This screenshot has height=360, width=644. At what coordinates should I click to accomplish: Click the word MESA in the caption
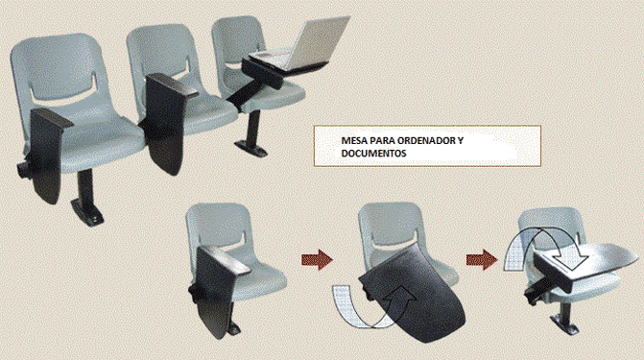click(354, 140)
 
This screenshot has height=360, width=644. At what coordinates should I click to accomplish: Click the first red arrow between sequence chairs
click(317, 260)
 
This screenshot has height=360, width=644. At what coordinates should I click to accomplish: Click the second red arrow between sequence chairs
click(482, 260)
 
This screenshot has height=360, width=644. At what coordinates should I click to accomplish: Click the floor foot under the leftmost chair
click(87, 213)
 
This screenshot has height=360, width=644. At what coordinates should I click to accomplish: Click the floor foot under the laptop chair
click(250, 148)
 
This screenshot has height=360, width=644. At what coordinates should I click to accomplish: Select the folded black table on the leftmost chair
click(47, 156)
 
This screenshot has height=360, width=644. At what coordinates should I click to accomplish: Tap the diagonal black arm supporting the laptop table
click(246, 91)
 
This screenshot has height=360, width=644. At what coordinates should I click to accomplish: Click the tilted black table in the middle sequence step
click(413, 294)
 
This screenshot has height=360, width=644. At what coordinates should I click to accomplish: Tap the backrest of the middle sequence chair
click(391, 230)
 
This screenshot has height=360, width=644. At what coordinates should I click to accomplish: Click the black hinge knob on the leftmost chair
click(23, 169)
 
